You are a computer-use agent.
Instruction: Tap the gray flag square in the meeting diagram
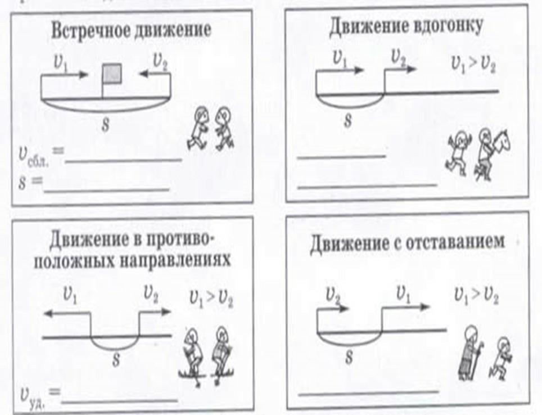tap(111, 73)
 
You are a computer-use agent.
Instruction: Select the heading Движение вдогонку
tap(405, 26)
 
